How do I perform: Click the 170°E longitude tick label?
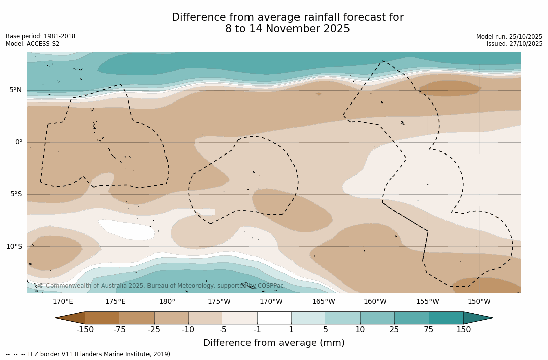pyautogui.click(x=63, y=302)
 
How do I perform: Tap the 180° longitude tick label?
pyautogui.click(x=167, y=302)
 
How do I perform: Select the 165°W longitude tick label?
pyautogui.click(x=323, y=302)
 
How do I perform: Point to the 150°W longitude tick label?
pyautogui.click(x=479, y=302)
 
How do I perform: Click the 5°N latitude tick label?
pyautogui.click(x=15, y=90)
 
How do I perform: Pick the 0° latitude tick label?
pyautogui.click(x=18, y=142)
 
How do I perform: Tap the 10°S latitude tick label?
pyautogui.click(x=14, y=247)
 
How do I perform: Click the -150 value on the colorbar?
pyautogui.click(x=85, y=330)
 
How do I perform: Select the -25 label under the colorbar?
pyautogui.click(x=154, y=330)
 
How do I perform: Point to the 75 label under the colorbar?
pyautogui.click(x=429, y=330)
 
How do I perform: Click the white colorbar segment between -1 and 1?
pyautogui.click(x=274, y=318)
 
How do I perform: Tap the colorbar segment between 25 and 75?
pyautogui.click(x=412, y=318)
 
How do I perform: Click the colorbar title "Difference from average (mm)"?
pyautogui.click(x=274, y=343)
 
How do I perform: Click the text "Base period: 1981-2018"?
pyautogui.click(x=40, y=36)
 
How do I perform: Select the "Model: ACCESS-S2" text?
pyautogui.click(x=32, y=44)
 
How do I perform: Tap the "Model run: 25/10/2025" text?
pyautogui.click(x=509, y=37)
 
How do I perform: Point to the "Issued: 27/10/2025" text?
pyautogui.click(x=515, y=44)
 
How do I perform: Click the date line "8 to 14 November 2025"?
pyautogui.click(x=287, y=29)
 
